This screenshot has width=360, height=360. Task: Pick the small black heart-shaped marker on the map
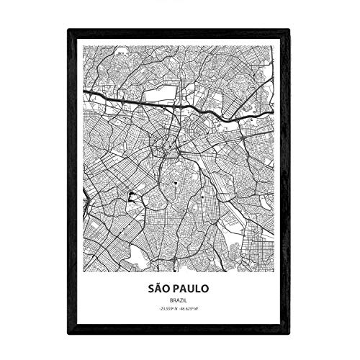[x=174, y=184]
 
